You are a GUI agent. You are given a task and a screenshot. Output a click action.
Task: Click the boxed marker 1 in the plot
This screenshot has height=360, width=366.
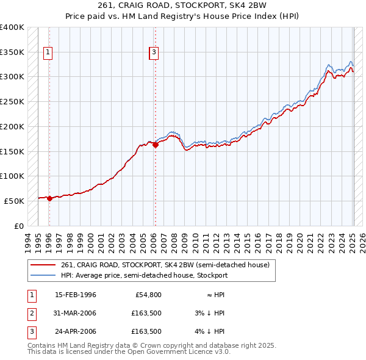(48, 52)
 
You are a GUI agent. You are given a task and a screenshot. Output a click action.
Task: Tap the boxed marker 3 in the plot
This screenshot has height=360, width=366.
(154, 52)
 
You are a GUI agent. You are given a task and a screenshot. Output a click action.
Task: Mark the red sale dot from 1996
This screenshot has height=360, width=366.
(49, 198)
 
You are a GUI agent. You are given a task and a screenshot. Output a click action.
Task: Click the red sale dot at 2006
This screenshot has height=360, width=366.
(155, 145)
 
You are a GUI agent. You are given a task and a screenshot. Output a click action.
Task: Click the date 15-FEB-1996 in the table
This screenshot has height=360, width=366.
(76, 295)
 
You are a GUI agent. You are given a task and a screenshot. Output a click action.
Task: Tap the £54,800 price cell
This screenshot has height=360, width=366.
(148, 295)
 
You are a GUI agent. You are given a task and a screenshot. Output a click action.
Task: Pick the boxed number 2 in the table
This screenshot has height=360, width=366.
(31, 313)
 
